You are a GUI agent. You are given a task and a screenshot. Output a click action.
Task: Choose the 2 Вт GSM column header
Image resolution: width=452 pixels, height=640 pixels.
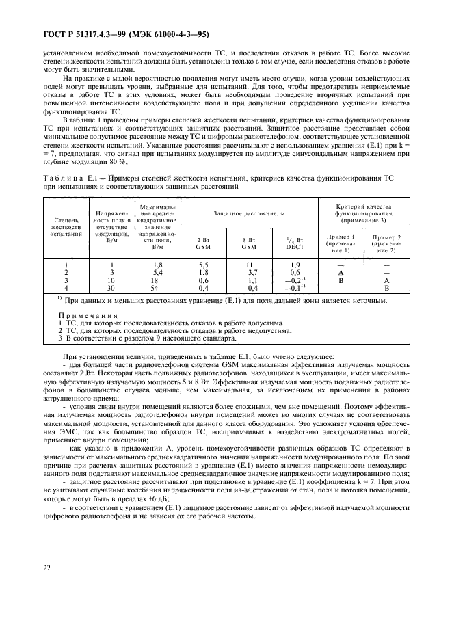(203, 243)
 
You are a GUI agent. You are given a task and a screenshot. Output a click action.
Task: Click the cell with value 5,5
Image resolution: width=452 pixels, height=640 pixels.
(203, 264)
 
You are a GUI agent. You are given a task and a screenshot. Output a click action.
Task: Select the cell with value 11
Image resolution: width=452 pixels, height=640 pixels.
(250, 264)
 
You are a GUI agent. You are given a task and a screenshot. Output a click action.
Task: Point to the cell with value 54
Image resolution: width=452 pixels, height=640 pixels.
(157, 288)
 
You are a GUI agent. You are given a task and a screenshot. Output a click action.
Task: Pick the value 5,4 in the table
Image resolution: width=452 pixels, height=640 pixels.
(157, 271)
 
